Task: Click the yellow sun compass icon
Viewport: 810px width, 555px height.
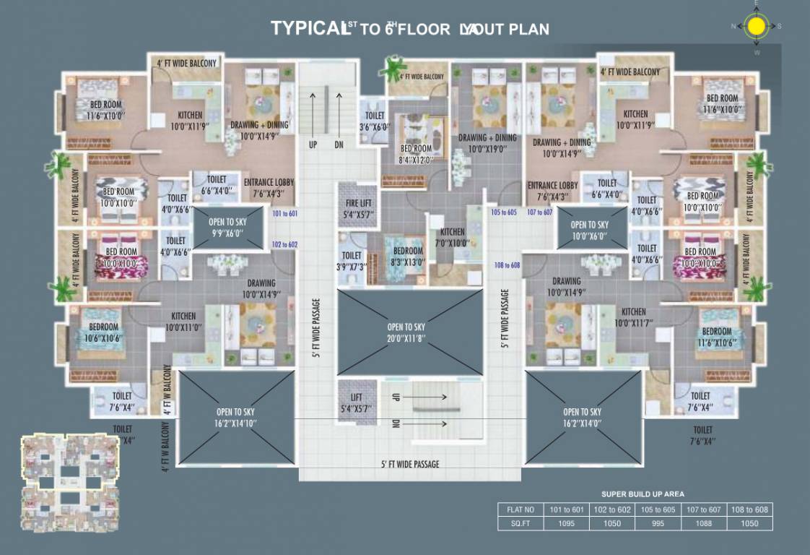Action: [x=756, y=27]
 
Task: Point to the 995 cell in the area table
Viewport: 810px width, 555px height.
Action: [x=658, y=523]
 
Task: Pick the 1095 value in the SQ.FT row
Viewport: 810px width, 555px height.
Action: [x=566, y=523]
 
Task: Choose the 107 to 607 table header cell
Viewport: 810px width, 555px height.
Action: [x=704, y=509]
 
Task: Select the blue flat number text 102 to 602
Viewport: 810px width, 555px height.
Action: [x=284, y=244]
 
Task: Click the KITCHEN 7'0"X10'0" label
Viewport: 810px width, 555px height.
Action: [x=453, y=237]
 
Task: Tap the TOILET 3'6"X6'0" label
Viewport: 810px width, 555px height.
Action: [x=375, y=120]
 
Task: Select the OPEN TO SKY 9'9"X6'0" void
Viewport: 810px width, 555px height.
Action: [x=227, y=227]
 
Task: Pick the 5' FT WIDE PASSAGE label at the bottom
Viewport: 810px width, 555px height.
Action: [x=409, y=463]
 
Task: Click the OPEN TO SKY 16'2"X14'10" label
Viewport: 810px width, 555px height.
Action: [x=236, y=418]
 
